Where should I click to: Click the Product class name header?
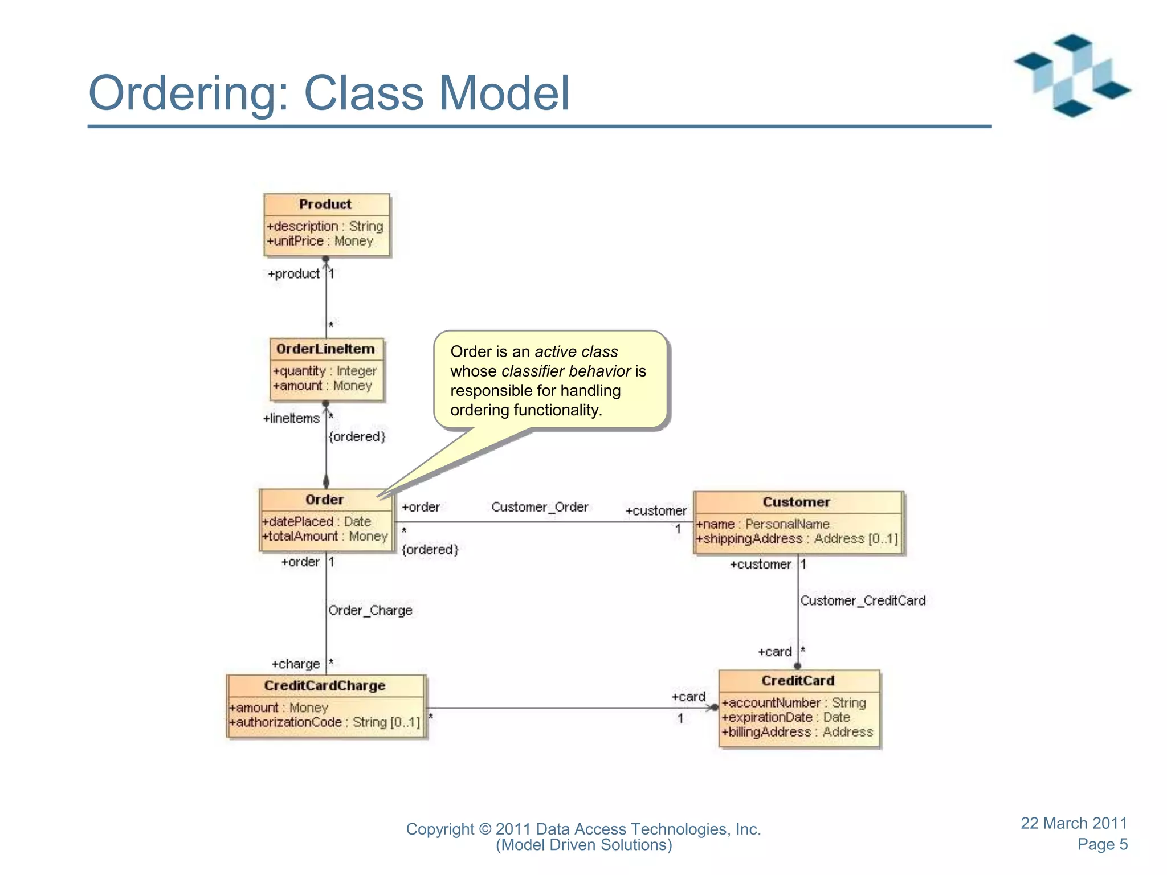[x=325, y=205]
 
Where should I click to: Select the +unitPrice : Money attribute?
[x=320, y=241]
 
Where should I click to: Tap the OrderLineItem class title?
[x=325, y=349]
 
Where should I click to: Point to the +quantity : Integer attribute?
[x=324, y=371]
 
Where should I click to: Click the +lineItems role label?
[x=291, y=419]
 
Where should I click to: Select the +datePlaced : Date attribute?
[x=316, y=521]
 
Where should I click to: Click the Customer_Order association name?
[x=539, y=507]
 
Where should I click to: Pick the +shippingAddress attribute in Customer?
[x=796, y=539]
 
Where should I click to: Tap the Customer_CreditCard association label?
[x=862, y=600]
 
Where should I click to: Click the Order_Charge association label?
[x=370, y=610]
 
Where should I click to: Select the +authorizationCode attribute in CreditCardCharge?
[x=324, y=722]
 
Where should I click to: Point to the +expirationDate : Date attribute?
[x=785, y=718]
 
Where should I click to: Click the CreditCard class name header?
[x=797, y=681]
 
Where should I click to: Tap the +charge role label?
[x=295, y=664]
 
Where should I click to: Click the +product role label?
[x=293, y=274]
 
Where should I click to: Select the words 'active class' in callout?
[x=576, y=352]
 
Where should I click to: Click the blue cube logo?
[x=1072, y=76]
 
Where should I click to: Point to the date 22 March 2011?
[x=1074, y=823]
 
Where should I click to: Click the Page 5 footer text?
[x=1102, y=844]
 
